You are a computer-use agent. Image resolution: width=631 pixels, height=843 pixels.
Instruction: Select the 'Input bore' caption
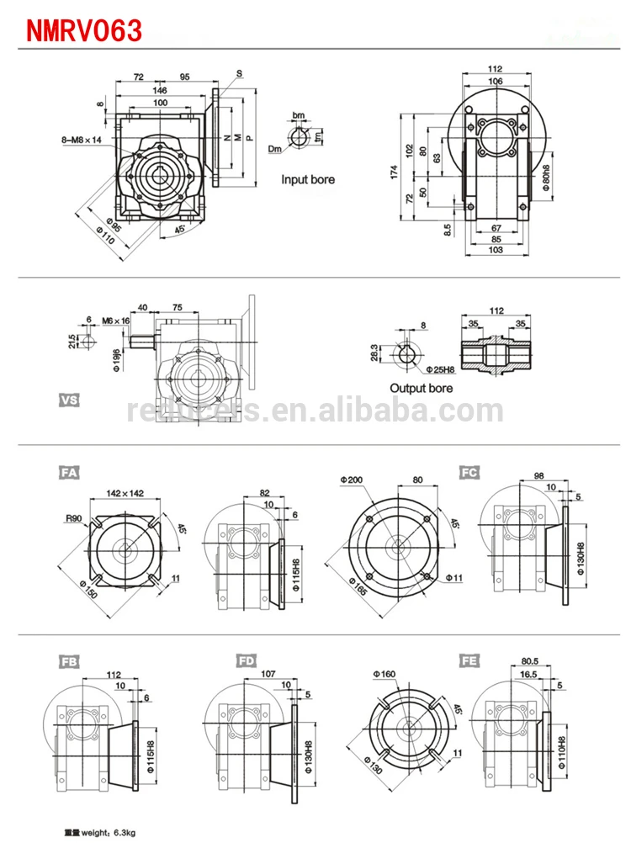coord(307,179)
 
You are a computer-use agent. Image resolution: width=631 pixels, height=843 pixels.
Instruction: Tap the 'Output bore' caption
coord(421,388)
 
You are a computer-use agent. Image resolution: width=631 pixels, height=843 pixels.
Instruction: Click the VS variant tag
coord(69,400)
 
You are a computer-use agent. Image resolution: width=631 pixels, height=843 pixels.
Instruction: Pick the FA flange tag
coord(69,473)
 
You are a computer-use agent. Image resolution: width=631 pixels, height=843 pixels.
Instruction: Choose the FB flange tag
coord(69,660)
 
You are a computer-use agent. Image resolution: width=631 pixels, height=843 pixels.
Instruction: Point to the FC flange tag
coord(469,473)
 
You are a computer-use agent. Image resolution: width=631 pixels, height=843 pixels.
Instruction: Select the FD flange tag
coord(247,660)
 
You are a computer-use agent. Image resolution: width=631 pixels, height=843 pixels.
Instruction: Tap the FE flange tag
coord(469,660)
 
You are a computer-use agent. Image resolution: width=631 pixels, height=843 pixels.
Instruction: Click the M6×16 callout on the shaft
coord(116,320)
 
